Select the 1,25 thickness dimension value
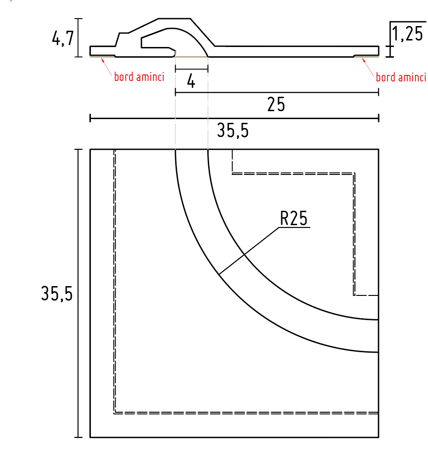click(407, 34)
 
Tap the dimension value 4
click(191, 82)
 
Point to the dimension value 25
click(276, 105)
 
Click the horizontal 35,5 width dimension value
click(233, 132)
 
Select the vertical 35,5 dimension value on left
click(57, 294)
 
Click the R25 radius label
click(294, 218)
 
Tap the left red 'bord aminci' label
click(139, 77)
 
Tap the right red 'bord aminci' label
click(401, 77)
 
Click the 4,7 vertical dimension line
click(79, 37)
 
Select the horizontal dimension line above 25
click(277, 93)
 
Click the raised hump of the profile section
click(175, 24)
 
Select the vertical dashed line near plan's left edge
click(115, 279)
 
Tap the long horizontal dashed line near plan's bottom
click(247, 413)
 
